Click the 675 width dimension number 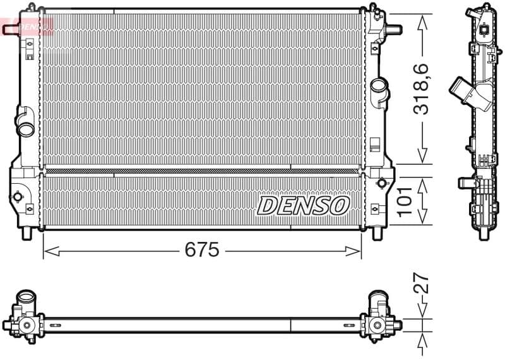pos(201,250)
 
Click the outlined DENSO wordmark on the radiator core pos(303,205)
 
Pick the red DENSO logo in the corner pos(28,26)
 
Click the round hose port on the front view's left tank pos(27,128)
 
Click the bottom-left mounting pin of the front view pos(27,232)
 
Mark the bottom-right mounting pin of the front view pos(377,232)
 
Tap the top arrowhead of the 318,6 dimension pos(422,16)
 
